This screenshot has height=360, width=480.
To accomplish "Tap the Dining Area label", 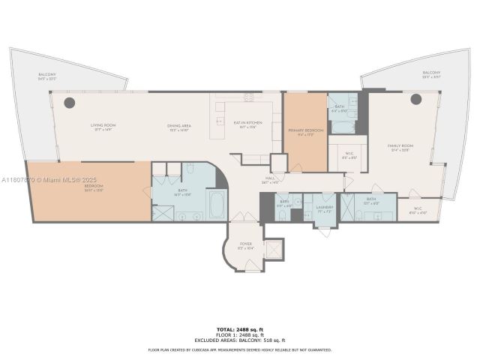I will pos(178,127).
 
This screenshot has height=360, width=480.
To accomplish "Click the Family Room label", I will pos(400,146).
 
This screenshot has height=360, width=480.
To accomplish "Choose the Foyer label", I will pos(245,244).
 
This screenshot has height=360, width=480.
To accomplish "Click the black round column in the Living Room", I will pos(69,102).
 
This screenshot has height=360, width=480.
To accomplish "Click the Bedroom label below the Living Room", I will pos(93,187).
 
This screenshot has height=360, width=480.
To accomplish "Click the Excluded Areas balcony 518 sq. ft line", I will pos(240,340).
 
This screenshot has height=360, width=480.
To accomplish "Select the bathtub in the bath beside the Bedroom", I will pos(216,204).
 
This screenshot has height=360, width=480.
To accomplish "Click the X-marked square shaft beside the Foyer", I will pos(274,249).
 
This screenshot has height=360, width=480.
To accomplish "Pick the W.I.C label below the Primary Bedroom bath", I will pos(347,157).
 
